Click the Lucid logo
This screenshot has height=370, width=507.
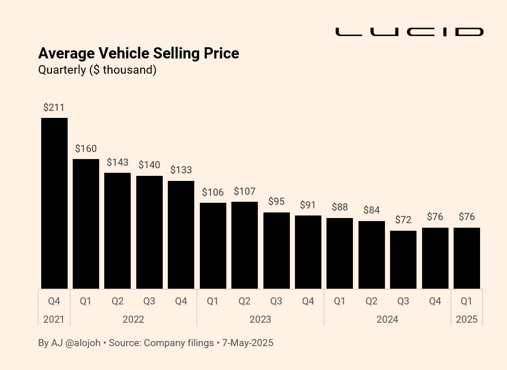coord(409,32)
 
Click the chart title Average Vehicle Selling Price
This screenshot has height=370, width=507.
coord(138,53)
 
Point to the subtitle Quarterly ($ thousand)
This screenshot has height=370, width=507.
coord(97,70)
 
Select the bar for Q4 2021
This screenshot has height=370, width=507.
coord(54,203)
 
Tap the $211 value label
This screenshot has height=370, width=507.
coord(54,108)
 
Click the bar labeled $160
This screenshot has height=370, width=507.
coord(86,224)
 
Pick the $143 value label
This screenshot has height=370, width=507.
coord(117,163)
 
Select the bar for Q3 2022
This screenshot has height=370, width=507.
coord(150,232)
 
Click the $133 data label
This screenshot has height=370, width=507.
coord(181,170)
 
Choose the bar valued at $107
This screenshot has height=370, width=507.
coord(245,245)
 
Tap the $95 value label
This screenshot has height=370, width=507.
coord(276,202)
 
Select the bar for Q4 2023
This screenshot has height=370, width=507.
coord(308,252)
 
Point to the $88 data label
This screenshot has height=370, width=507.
coord(340,207)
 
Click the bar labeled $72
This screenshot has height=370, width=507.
coord(403,260)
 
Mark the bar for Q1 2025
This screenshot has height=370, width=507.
coord(467,258)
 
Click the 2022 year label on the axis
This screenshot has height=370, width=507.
coord(133,320)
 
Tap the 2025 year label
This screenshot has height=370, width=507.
coord(467,320)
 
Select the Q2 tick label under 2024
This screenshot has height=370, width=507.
coord(371,301)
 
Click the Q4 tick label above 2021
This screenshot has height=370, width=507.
coord(54,301)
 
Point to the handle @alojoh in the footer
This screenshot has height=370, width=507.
coord(83,343)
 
